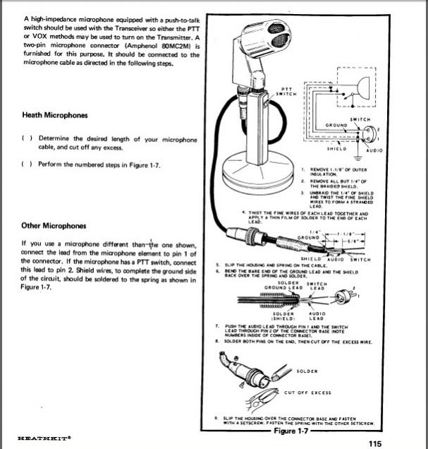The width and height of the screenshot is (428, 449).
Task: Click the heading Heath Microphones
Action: point(56,114)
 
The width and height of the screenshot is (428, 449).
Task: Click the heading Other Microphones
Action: point(55,226)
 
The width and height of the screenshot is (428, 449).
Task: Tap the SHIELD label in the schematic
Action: point(338,150)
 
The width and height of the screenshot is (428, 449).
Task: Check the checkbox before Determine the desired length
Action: point(26,139)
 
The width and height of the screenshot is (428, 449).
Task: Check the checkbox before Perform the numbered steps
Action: point(26,164)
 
